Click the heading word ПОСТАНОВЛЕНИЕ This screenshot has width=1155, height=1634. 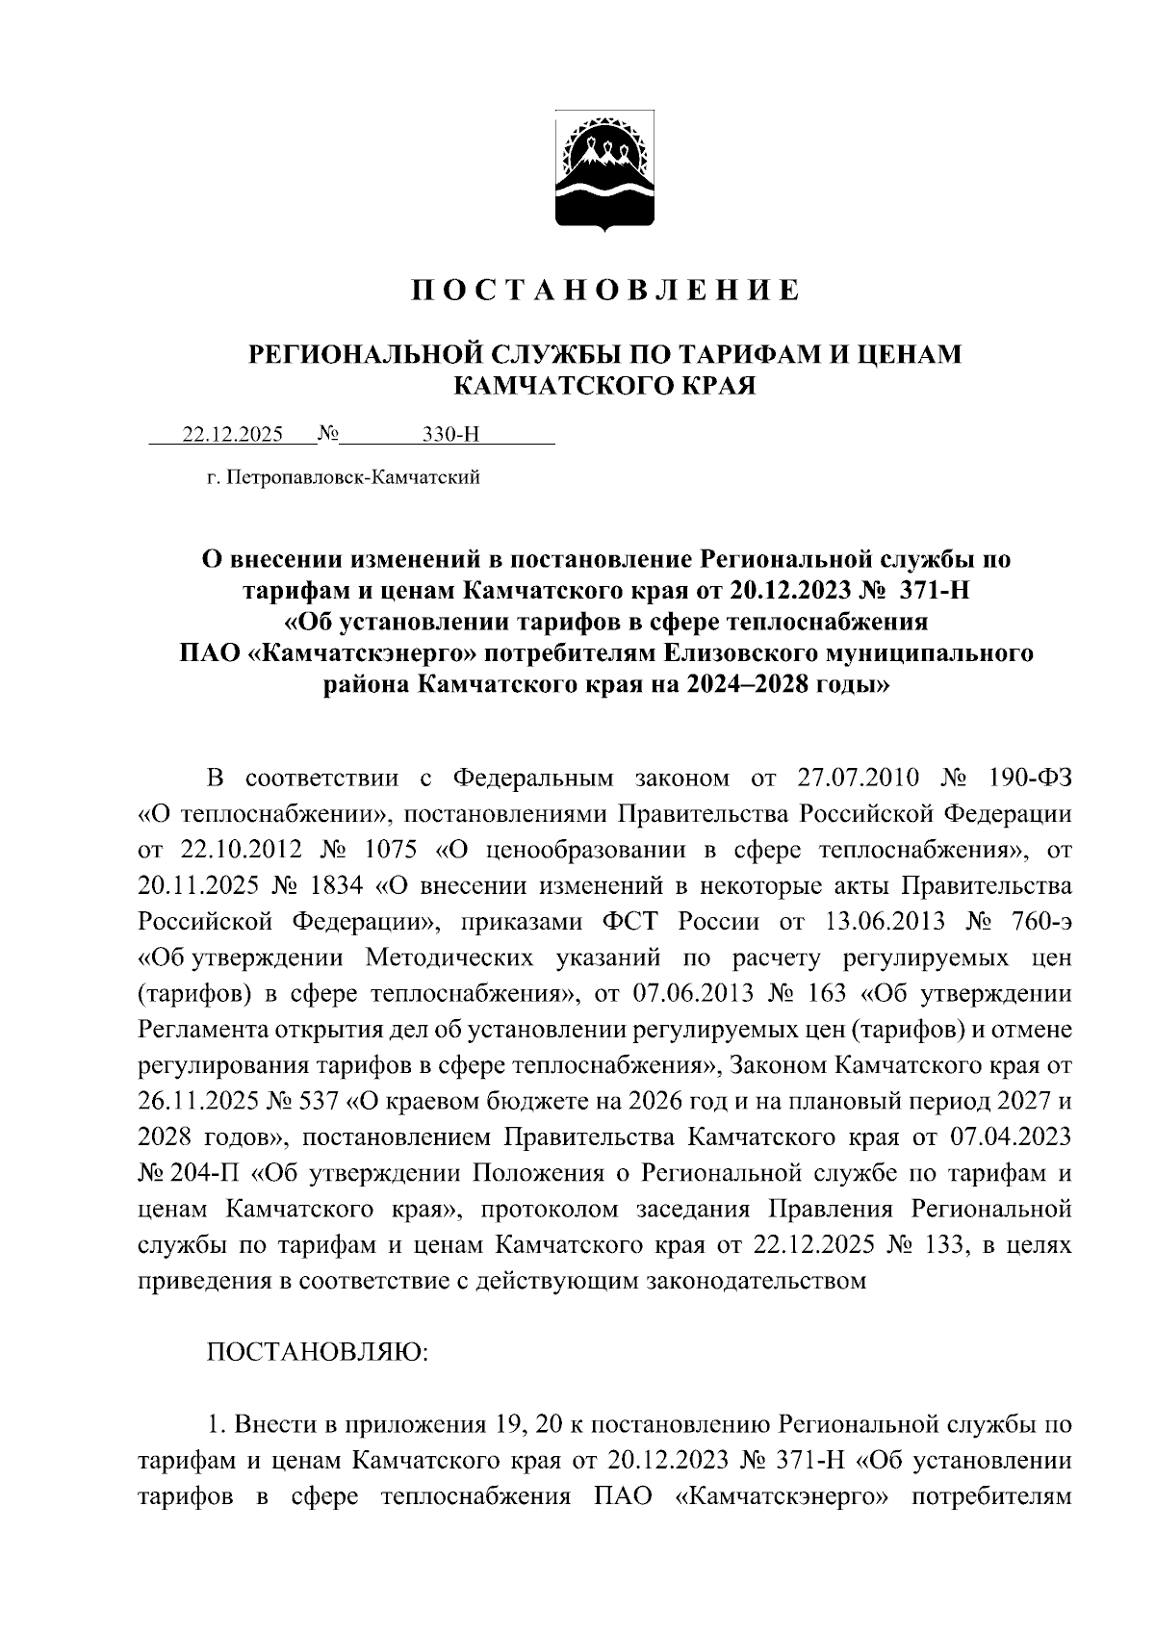(x=605, y=290)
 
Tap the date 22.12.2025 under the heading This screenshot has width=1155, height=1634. (x=233, y=434)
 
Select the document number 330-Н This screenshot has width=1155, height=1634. (x=451, y=434)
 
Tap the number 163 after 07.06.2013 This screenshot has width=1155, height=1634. (x=828, y=993)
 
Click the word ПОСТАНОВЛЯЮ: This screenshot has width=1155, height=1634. (x=317, y=1353)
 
